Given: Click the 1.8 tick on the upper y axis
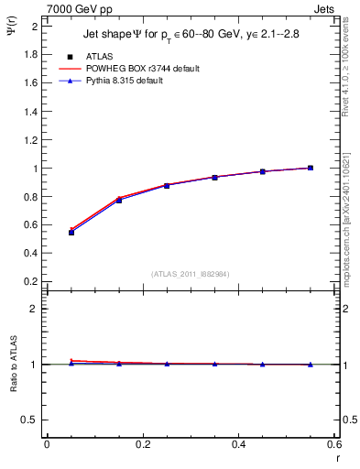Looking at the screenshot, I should pos(30,54).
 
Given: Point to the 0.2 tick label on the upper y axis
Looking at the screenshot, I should pos(30,283).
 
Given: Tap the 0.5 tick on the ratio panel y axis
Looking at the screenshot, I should pos(30,420).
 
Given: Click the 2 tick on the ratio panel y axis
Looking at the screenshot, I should pos(35,309).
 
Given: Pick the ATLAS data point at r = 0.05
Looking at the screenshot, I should pos(71,233).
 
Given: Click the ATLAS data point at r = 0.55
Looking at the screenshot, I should pos(311,168).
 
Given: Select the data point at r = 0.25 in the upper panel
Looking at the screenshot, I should pos(167,185).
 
